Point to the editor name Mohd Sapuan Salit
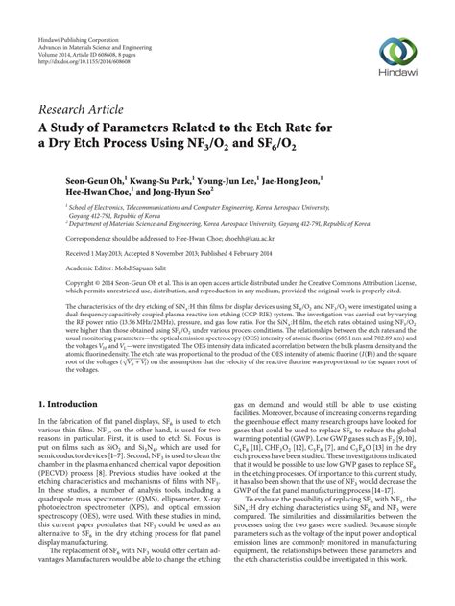tap(139, 269)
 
